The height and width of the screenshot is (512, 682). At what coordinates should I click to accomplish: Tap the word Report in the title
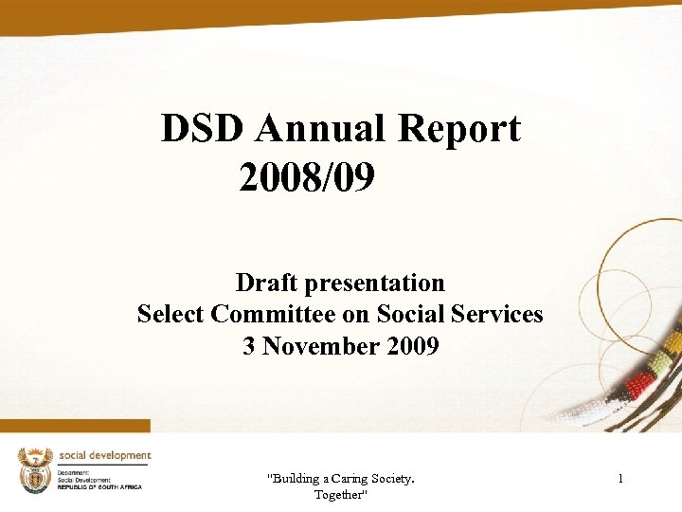462,129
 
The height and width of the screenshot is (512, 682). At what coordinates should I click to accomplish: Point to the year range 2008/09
308,175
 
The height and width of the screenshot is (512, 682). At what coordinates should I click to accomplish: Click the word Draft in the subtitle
266,283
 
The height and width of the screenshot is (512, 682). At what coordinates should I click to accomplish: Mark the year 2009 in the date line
413,346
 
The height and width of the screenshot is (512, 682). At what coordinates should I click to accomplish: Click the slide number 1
620,479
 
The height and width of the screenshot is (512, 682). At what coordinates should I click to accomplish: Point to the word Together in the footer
340,495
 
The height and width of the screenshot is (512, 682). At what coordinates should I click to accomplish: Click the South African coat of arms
36,470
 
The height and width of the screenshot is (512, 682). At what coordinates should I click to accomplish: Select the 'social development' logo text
104,455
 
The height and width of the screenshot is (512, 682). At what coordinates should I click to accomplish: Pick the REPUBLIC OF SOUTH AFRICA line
99,486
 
